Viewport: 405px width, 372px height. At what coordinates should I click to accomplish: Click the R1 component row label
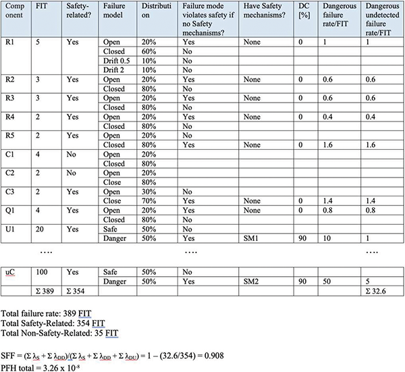point(8,41)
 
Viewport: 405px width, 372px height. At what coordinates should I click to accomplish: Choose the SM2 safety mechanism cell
point(251,278)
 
